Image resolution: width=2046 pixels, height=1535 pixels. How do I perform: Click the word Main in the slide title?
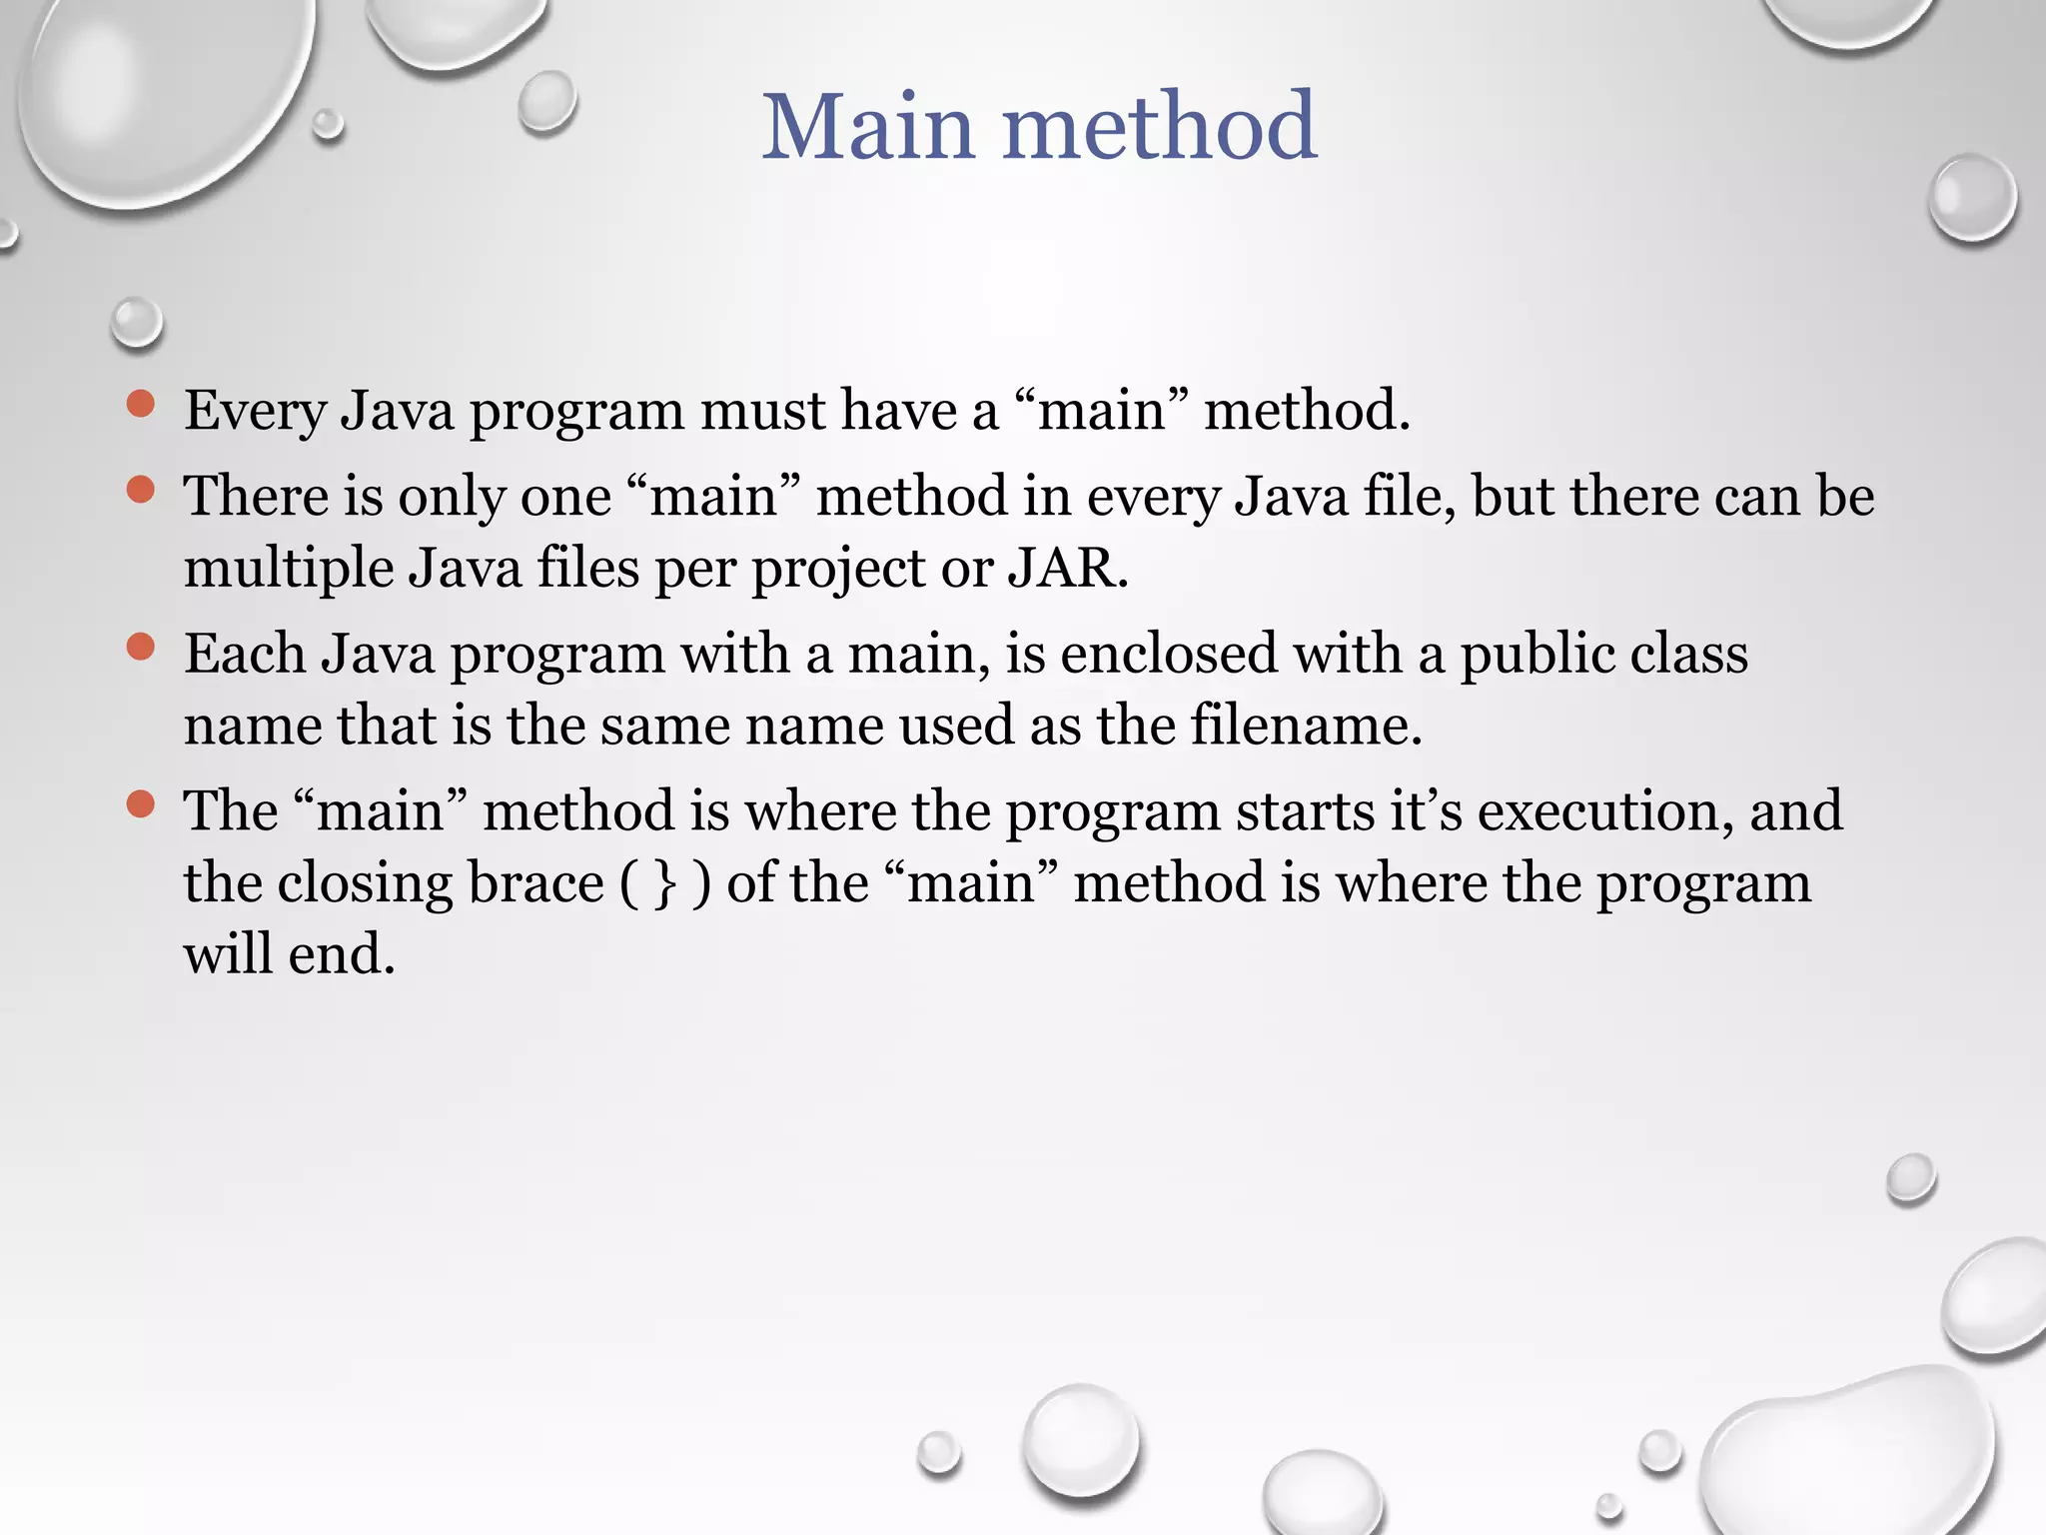point(867,127)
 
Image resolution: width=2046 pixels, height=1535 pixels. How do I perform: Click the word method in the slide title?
point(1159,127)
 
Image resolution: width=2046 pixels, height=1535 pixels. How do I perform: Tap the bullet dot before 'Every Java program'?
point(141,404)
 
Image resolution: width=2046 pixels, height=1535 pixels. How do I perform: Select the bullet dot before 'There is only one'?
point(141,490)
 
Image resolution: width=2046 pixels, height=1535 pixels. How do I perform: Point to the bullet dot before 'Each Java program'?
point(141,647)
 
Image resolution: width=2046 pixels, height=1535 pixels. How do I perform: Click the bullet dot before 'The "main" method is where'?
point(141,803)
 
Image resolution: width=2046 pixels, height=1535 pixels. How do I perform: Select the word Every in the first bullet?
point(255,412)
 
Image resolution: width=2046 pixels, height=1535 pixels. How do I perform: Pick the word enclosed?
point(1168,654)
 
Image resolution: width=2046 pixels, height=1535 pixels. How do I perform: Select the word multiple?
point(288,570)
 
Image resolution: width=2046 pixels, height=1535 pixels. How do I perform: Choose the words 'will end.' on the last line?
point(290,953)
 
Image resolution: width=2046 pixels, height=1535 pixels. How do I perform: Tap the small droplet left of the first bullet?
point(136,323)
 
